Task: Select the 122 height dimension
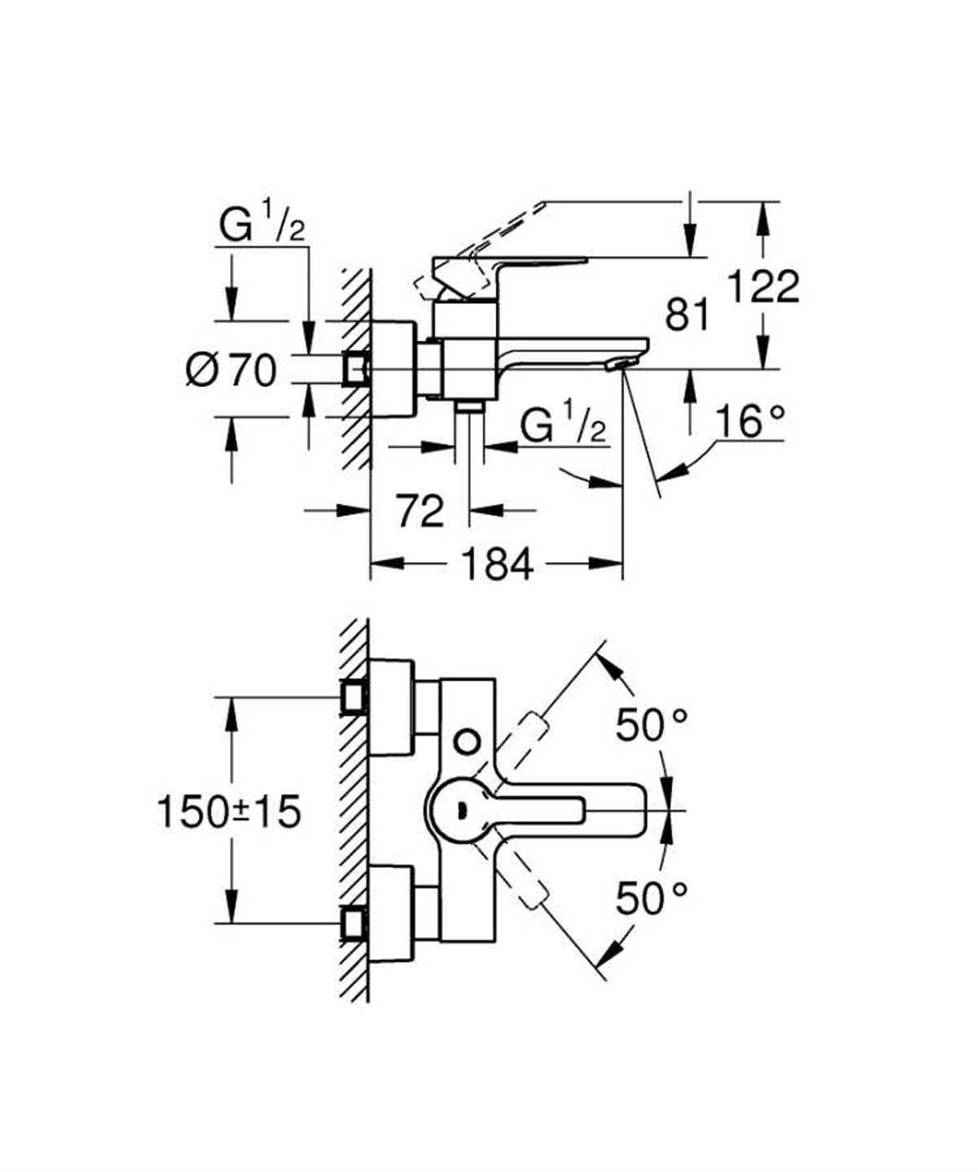(x=763, y=286)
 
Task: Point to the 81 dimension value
(x=686, y=314)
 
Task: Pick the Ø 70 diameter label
(x=231, y=372)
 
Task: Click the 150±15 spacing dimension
(x=229, y=812)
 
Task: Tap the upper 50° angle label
(x=651, y=725)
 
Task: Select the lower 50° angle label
(x=651, y=898)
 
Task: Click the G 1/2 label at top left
(x=262, y=227)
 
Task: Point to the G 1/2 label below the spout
(x=564, y=425)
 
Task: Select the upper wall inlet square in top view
(x=354, y=698)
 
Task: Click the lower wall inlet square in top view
(x=354, y=924)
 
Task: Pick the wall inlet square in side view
(x=355, y=368)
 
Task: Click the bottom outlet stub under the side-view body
(x=469, y=407)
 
